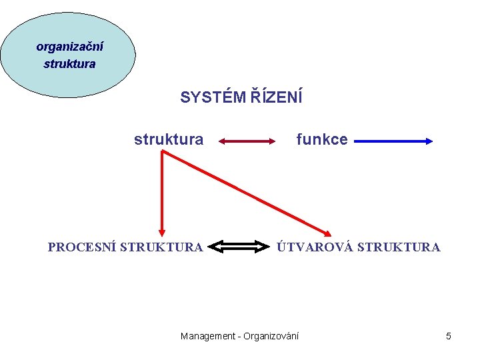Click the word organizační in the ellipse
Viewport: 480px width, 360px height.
pyautogui.click(x=69, y=47)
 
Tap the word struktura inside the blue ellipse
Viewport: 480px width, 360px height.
pyautogui.click(x=69, y=64)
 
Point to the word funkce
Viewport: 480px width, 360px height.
pyautogui.click(x=322, y=139)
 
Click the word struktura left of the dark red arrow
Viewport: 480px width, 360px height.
pyautogui.click(x=169, y=139)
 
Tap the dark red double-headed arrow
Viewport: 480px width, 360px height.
pyautogui.click(x=247, y=141)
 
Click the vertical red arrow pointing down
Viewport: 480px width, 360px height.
pyautogui.click(x=162, y=193)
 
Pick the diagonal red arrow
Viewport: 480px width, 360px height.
pyautogui.click(x=247, y=193)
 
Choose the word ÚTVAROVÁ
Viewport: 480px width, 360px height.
pyautogui.click(x=315, y=247)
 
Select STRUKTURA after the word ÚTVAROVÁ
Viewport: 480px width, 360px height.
pyautogui.click(x=399, y=247)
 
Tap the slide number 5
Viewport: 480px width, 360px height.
pyautogui.click(x=449, y=336)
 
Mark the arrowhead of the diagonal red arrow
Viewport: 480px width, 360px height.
pyautogui.click(x=327, y=233)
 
